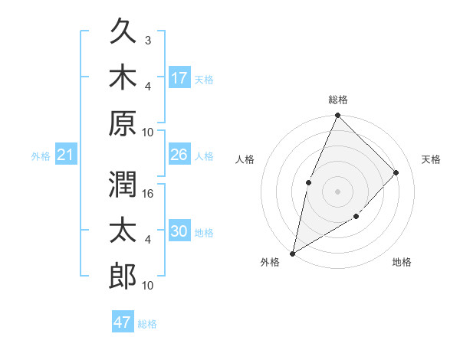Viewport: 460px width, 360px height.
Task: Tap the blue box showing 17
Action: [179, 77]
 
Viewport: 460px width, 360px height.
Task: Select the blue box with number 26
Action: [179, 155]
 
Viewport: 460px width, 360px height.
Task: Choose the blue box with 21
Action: [65, 155]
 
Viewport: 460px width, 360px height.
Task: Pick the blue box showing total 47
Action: [123, 322]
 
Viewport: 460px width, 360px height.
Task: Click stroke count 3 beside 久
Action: [148, 41]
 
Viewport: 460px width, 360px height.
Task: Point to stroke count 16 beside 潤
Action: [149, 194]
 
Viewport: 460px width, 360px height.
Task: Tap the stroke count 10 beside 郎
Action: [149, 285]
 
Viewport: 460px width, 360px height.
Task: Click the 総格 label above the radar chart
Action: [337, 100]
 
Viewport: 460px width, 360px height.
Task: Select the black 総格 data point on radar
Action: [337, 116]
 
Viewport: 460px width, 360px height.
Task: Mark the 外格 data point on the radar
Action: [293, 253]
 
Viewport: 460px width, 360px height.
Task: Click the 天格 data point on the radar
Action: [396, 172]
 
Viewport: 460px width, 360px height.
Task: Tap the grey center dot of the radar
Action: [337, 191]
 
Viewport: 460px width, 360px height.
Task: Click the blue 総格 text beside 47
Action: [147, 323]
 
